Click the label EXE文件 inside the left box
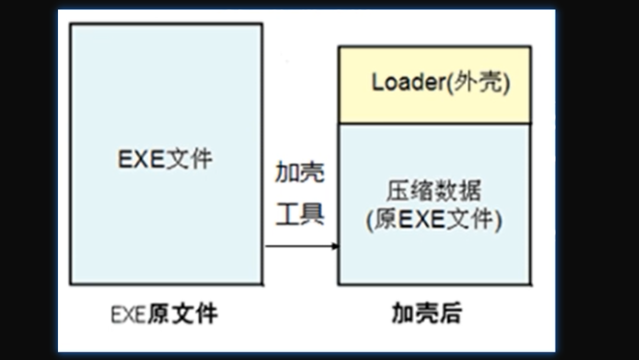click(165, 159)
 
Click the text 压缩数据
click(434, 191)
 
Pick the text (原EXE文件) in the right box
click(434, 220)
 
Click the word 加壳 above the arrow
click(300, 173)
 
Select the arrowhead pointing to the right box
click(335, 246)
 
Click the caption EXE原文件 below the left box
click(164, 314)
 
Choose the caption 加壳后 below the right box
click(427, 314)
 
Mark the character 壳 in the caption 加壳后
click(427, 314)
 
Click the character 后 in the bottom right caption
click(450, 314)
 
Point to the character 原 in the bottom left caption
click(159, 314)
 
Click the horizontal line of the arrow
click(299, 246)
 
